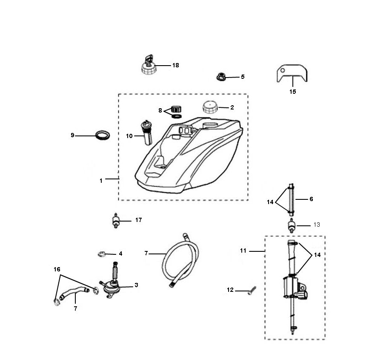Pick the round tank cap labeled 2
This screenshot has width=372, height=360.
[209, 107]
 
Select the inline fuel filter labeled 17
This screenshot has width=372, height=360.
[114, 221]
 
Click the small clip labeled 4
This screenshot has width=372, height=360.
[101, 254]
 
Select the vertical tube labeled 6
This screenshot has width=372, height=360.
[291, 199]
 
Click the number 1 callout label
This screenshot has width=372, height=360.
[101, 180]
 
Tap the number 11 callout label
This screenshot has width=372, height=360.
[243, 251]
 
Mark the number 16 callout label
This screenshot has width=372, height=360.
[57, 269]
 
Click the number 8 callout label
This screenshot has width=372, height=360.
[160, 110]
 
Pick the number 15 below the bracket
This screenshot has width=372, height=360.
[293, 91]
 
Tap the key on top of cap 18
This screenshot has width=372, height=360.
[149, 58]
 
